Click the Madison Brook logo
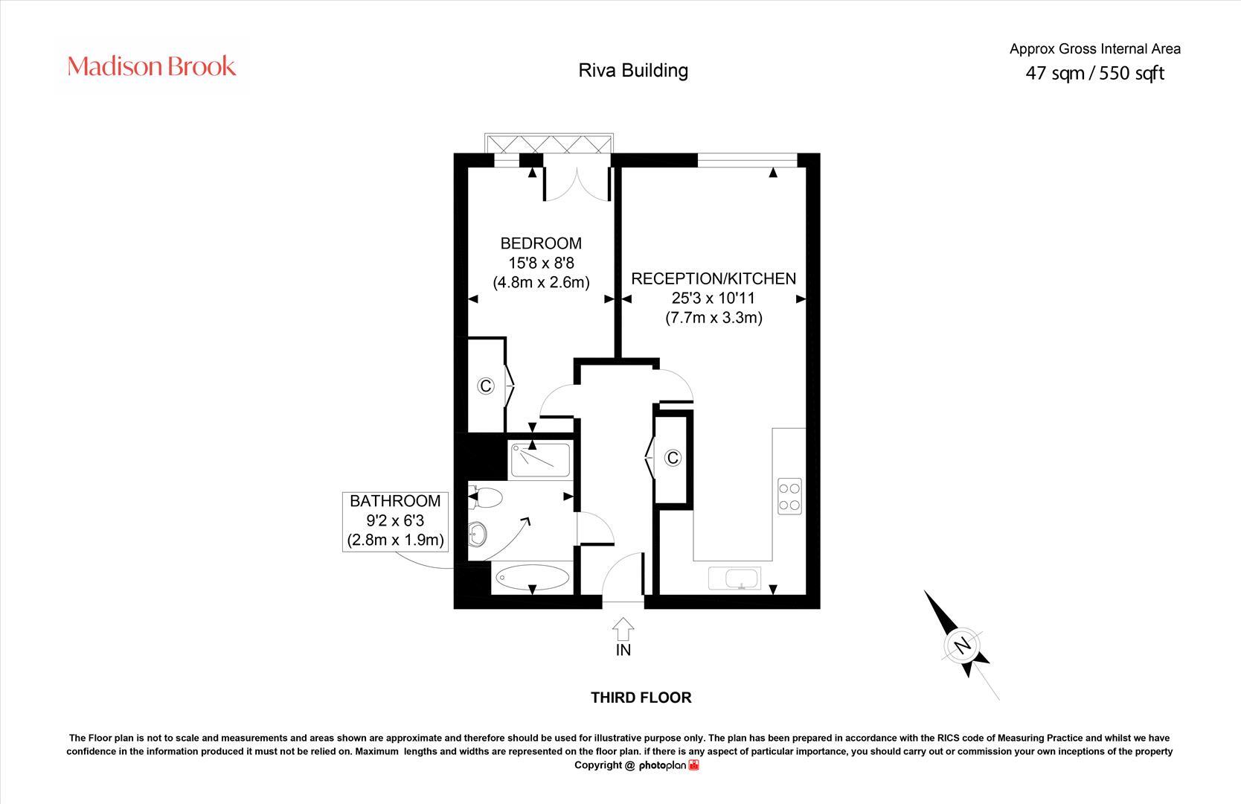click(x=152, y=66)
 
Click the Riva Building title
click(x=633, y=71)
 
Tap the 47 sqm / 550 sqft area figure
click(x=1094, y=73)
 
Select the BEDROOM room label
click(x=541, y=243)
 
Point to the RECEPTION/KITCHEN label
click(x=714, y=278)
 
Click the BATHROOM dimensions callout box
click(x=396, y=520)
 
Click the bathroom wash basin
click(x=478, y=533)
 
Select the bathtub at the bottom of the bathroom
click(x=532, y=577)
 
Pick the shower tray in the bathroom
click(x=540, y=461)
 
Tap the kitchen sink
click(x=734, y=578)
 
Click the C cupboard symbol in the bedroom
click(x=486, y=386)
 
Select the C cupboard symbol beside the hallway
click(x=673, y=458)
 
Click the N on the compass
click(x=963, y=645)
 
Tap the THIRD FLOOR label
click(x=641, y=698)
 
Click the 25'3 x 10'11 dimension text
click(x=714, y=299)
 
